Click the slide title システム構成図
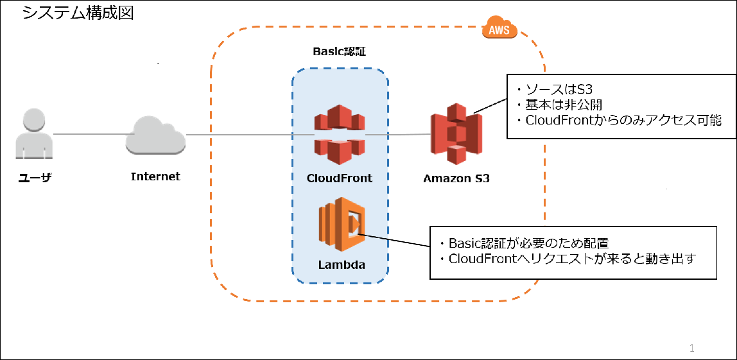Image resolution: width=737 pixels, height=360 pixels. [78, 13]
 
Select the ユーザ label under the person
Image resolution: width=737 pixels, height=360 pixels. [34, 176]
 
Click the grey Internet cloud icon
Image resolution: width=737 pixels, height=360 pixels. [155, 135]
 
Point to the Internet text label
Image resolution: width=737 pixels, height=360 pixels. [155, 176]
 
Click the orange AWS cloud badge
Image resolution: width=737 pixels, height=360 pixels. [499, 30]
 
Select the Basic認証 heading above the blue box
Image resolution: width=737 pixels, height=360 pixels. [338, 52]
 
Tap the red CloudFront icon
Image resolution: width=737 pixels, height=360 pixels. [340, 135]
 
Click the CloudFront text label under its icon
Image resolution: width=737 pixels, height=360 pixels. [340, 178]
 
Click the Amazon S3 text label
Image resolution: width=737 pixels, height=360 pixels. [456, 179]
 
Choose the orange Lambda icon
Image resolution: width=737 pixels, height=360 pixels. [340, 224]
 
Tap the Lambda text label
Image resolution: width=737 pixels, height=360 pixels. [340, 264]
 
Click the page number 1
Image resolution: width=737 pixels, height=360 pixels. [691, 348]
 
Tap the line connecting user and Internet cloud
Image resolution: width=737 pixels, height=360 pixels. [90, 134]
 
